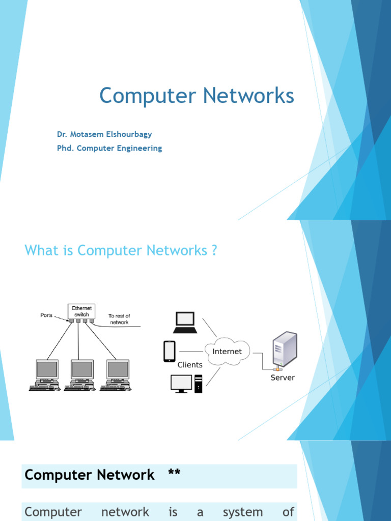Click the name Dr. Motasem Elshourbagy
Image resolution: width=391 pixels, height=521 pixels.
point(104,134)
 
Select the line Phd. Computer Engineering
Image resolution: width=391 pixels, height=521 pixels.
point(109,149)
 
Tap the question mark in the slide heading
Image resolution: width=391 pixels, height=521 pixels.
point(214,250)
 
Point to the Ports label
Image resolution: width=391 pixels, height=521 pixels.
point(46,315)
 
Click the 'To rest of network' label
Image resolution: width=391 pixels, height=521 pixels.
point(119,319)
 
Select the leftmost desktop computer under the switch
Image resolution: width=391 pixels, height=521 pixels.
point(46,374)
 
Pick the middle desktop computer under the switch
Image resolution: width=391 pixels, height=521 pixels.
point(81,374)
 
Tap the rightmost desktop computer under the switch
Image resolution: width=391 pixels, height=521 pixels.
point(117,374)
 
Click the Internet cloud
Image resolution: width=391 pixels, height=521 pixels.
point(227,352)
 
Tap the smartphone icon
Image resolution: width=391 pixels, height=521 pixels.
point(170,351)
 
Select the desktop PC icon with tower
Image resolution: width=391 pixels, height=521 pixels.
point(186,384)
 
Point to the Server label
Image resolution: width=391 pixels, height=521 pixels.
point(283,378)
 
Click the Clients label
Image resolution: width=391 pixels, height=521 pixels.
point(190,365)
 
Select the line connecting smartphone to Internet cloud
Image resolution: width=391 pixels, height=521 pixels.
point(191,351)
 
